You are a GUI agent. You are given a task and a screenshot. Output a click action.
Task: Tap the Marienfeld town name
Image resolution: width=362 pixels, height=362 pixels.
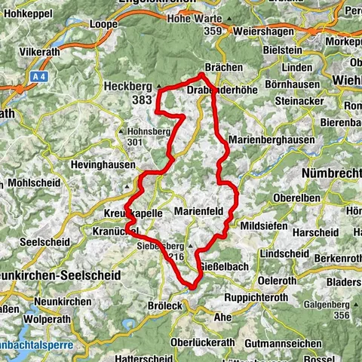[x=199, y=212]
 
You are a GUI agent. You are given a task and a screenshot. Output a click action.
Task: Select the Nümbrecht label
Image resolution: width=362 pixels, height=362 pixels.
[x=331, y=173]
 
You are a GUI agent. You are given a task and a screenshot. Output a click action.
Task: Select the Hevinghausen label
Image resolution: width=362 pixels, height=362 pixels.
[x=103, y=164]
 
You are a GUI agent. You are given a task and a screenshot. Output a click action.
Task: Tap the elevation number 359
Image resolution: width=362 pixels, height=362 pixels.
[x=213, y=31]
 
